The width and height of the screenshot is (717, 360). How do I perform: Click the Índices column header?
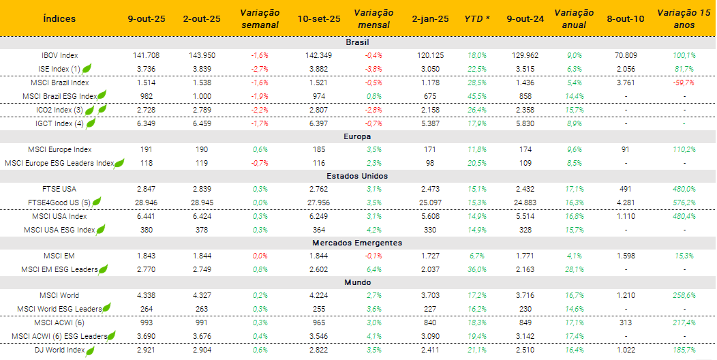(59, 18)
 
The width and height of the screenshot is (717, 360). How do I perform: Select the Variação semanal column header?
(260, 18)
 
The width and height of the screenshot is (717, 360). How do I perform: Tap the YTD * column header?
(477, 18)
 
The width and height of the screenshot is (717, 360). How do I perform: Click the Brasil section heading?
(357, 42)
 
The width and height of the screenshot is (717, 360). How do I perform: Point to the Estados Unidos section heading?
(357, 176)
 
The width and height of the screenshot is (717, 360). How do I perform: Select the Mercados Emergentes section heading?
(357, 243)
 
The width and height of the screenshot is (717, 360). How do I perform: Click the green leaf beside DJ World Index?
(89, 350)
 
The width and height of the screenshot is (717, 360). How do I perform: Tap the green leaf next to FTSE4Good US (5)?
(97, 202)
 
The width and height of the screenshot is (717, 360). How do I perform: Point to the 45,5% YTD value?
(477, 96)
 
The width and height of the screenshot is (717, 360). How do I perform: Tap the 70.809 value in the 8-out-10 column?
(625, 55)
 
